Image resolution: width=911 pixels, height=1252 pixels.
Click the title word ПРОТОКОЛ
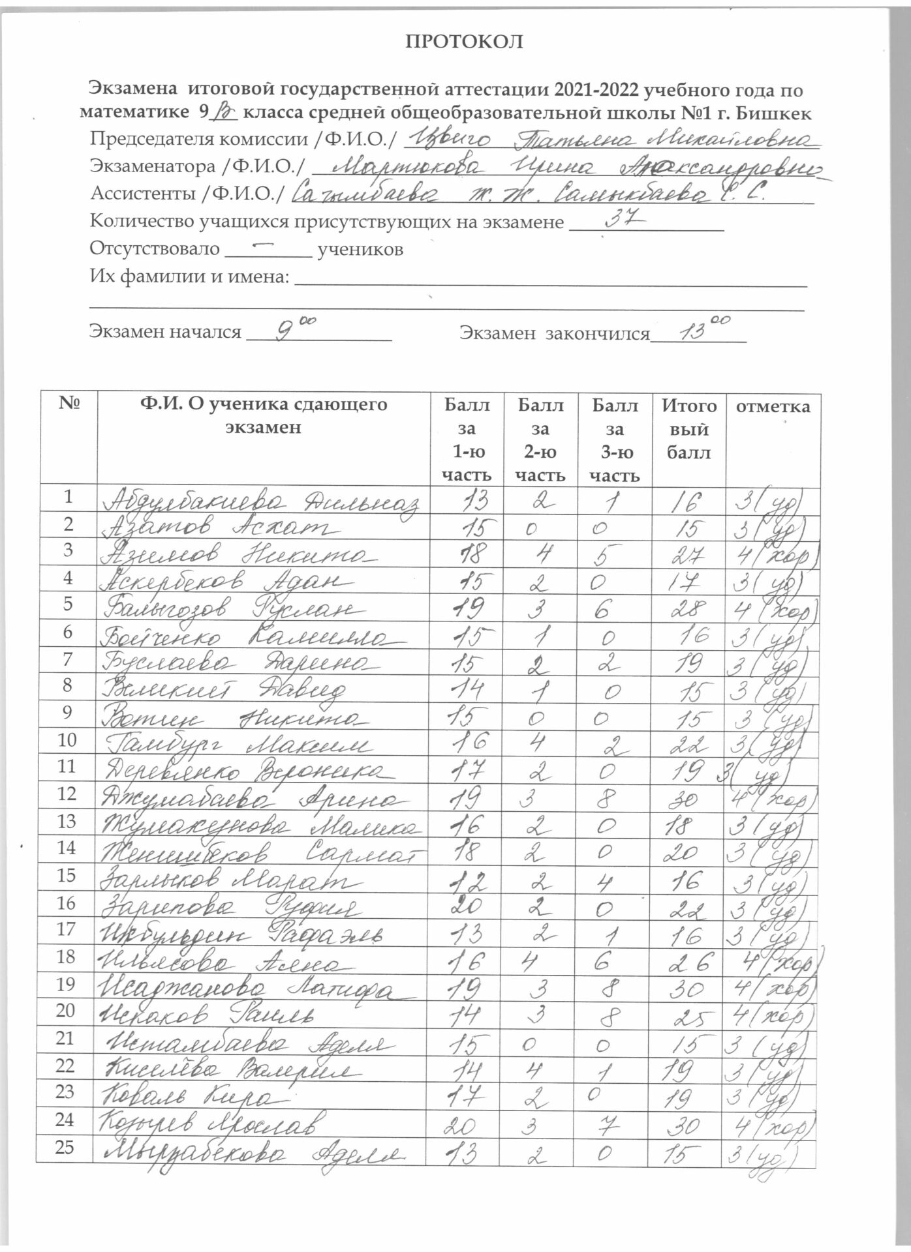click(x=465, y=42)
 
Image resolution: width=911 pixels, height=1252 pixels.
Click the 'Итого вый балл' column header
click(x=688, y=429)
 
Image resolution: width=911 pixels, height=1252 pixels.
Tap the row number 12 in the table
click(x=67, y=794)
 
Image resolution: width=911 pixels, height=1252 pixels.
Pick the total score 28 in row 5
click(x=688, y=609)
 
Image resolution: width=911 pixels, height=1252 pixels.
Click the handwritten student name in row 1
click(x=261, y=502)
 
